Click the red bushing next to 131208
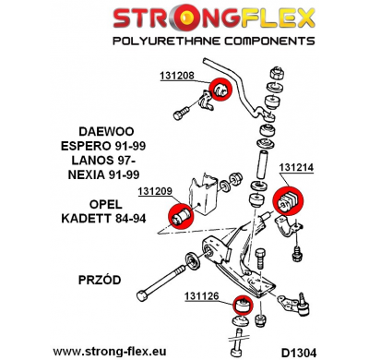point(220,89)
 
